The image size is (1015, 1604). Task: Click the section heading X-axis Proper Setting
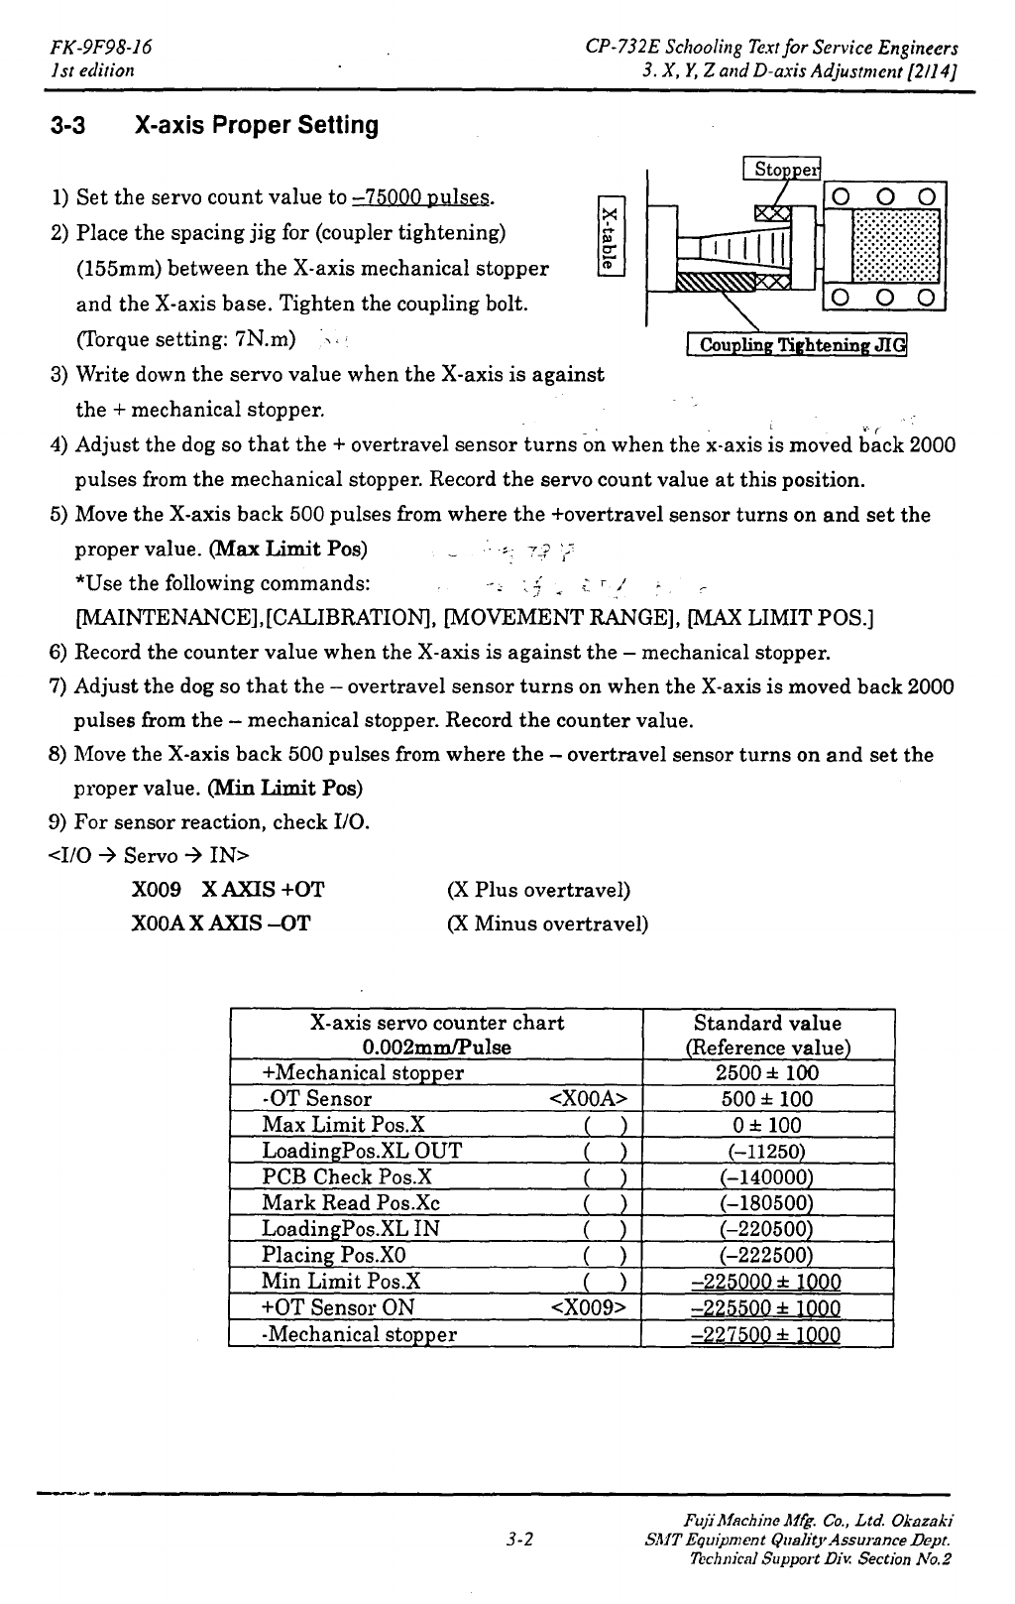click(215, 126)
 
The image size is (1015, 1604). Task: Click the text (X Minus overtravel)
click(548, 925)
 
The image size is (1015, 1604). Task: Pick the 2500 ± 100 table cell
click(767, 1072)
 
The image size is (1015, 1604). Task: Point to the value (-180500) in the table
click(768, 1203)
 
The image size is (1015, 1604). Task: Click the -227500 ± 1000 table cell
click(767, 1334)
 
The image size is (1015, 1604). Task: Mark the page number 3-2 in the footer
click(519, 1541)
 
